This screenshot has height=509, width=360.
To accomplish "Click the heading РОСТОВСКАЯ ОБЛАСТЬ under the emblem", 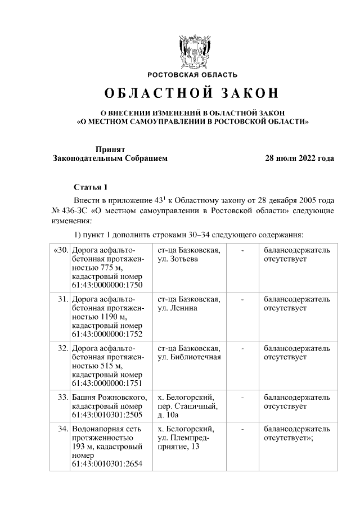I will click(x=192, y=75).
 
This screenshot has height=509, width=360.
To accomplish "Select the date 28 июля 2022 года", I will click(x=300, y=159).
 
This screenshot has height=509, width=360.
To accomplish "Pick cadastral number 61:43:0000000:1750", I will click(x=107, y=285).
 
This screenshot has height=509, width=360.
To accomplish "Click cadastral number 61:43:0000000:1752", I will click(x=107, y=334).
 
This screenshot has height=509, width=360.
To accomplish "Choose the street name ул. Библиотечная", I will click(x=189, y=357).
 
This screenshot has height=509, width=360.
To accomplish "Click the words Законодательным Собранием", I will click(x=110, y=159).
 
